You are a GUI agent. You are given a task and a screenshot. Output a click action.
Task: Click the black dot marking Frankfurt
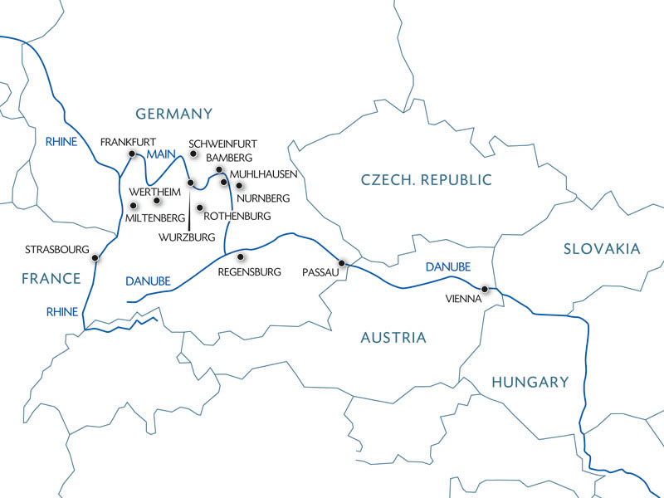(x=132, y=154)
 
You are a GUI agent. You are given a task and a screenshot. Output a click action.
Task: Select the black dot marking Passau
(x=340, y=262)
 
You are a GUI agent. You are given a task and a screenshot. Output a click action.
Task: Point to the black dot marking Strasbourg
(x=95, y=257)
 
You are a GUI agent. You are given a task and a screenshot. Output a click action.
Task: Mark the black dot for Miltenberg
(x=133, y=205)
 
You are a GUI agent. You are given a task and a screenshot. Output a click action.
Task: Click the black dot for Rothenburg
(x=199, y=207)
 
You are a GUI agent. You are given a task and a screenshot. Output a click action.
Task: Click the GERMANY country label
(x=174, y=114)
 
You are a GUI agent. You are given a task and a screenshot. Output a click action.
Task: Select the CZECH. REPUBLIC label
(x=427, y=180)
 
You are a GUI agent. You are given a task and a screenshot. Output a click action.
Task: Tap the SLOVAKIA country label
(x=602, y=248)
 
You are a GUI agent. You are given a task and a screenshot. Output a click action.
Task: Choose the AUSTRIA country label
(x=393, y=338)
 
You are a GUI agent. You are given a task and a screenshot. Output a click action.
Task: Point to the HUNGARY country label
(x=530, y=382)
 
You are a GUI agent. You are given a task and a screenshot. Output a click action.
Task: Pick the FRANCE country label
(x=51, y=279)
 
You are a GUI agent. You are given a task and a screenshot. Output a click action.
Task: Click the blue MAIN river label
(x=159, y=154)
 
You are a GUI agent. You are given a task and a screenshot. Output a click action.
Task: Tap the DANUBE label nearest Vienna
(x=447, y=267)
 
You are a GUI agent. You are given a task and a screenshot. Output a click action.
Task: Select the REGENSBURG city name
(x=251, y=271)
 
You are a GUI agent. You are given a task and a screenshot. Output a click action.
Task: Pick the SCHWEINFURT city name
(x=223, y=143)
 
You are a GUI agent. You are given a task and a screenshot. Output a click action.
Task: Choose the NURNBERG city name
(x=263, y=199)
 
